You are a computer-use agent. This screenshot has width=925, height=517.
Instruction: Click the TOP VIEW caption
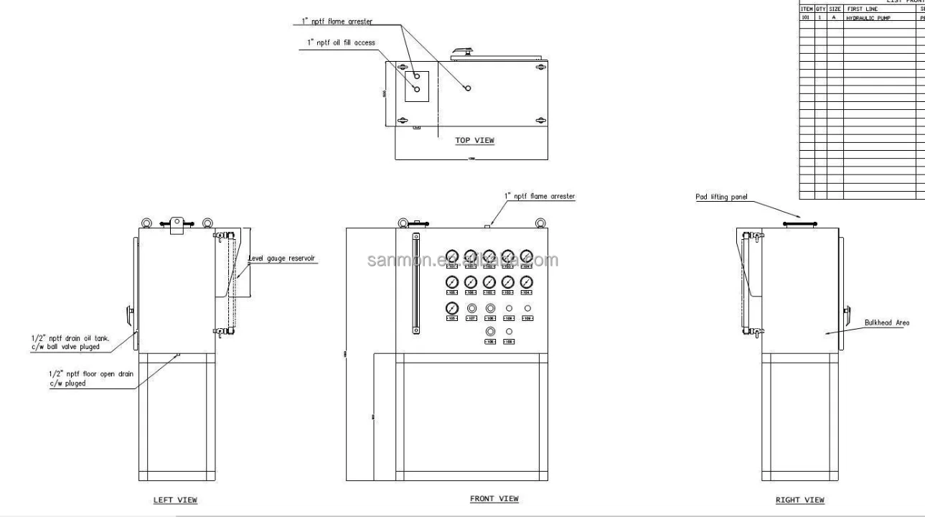pyautogui.click(x=474, y=140)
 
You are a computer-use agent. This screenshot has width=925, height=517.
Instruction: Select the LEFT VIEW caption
pyautogui.click(x=175, y=500)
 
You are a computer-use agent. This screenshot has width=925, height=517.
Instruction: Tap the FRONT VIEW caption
pyautogui.click(x=494, y=498)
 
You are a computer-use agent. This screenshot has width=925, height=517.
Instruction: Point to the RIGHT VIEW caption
pyautogui.click(x=799, y=500)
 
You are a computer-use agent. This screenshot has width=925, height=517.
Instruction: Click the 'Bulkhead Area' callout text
pyautogui.click(x=886, y=323)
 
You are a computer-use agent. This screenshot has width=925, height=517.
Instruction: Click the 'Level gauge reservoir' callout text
pyautogui.click(x=283, y=258)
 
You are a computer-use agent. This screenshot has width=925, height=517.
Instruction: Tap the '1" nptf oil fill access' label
pyautogui.click(x=341, y=43)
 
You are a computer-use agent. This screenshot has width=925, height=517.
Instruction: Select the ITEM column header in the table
pyautogui.click(x=805, y=9)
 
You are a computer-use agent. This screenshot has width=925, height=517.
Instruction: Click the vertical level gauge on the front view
pyautogui.click(x=415, y=283)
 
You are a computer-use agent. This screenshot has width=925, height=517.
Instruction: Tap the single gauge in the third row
pyautogui.click(x=452, y=308)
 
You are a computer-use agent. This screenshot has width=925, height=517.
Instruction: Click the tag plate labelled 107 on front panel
pyautogui.click(x=471, y=318)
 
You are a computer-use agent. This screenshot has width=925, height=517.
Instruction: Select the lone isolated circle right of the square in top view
pyautogui.click(x=467, y=88)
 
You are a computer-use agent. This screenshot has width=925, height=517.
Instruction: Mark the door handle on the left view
pyautogui.click(x=128, y=314)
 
